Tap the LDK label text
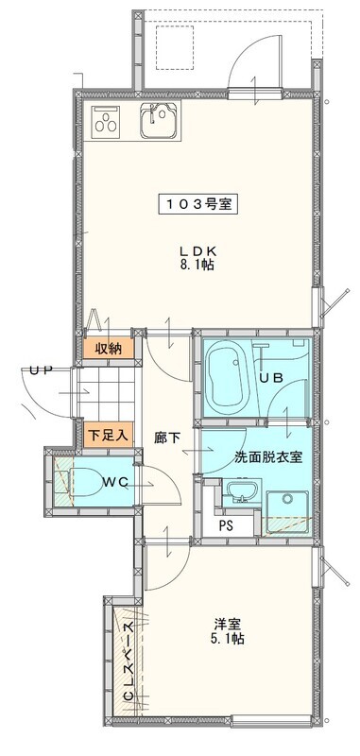(x=197, y=249)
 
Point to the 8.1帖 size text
(x=197, y=266)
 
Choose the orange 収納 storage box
(x=102, y=349)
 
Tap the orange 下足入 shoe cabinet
(x=102, y=436)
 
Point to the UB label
(x=271, y=376)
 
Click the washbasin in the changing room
(x=241, y=492)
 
